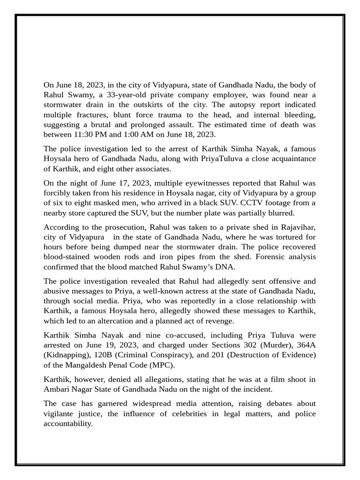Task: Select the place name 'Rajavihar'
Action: click(x=296, y=227)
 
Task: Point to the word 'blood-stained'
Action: click(x=66, y=257)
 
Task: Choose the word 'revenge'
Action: click(x=216, y=321)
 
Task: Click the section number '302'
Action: click(x=257, y=345)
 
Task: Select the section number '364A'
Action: click(x=307, y=345)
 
